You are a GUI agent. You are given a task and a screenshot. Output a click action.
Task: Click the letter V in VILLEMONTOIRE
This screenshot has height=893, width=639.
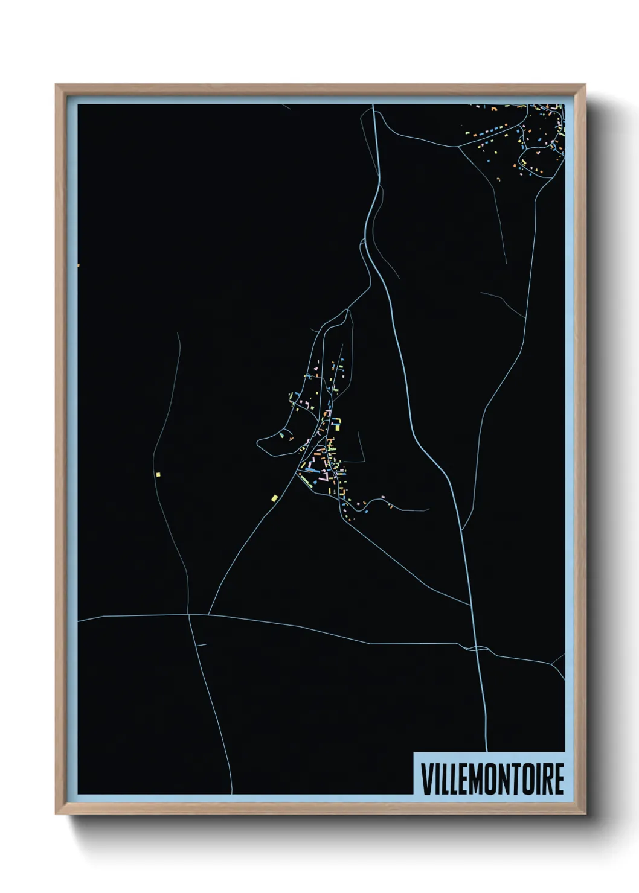click(427, 779)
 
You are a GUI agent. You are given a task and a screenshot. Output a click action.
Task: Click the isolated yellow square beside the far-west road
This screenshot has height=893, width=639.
click(158, 474)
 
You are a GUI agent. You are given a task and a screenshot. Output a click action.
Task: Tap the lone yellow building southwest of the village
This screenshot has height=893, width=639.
click(274, 498)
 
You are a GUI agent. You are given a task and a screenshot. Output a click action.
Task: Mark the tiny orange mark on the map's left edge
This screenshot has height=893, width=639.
click(79, 264)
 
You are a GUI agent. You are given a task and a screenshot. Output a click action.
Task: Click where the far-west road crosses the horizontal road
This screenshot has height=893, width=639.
click(189, 614)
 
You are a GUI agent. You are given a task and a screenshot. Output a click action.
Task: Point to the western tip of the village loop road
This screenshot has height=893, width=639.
click(258, 442)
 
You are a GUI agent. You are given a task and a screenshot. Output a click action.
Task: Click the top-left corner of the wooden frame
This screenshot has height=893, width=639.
click(57, 86)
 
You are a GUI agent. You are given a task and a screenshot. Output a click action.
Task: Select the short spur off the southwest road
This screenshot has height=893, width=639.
click(202, 645)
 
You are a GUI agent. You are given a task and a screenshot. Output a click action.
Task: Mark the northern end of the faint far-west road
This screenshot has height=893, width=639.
click(179, 332)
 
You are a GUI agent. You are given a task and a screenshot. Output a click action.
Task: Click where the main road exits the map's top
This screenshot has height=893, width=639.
click(373, 106)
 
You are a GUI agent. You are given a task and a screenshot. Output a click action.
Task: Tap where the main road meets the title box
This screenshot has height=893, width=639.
click(487, 752)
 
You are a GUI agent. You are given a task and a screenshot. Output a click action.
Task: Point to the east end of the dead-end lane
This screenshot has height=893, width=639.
click(428, 510)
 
